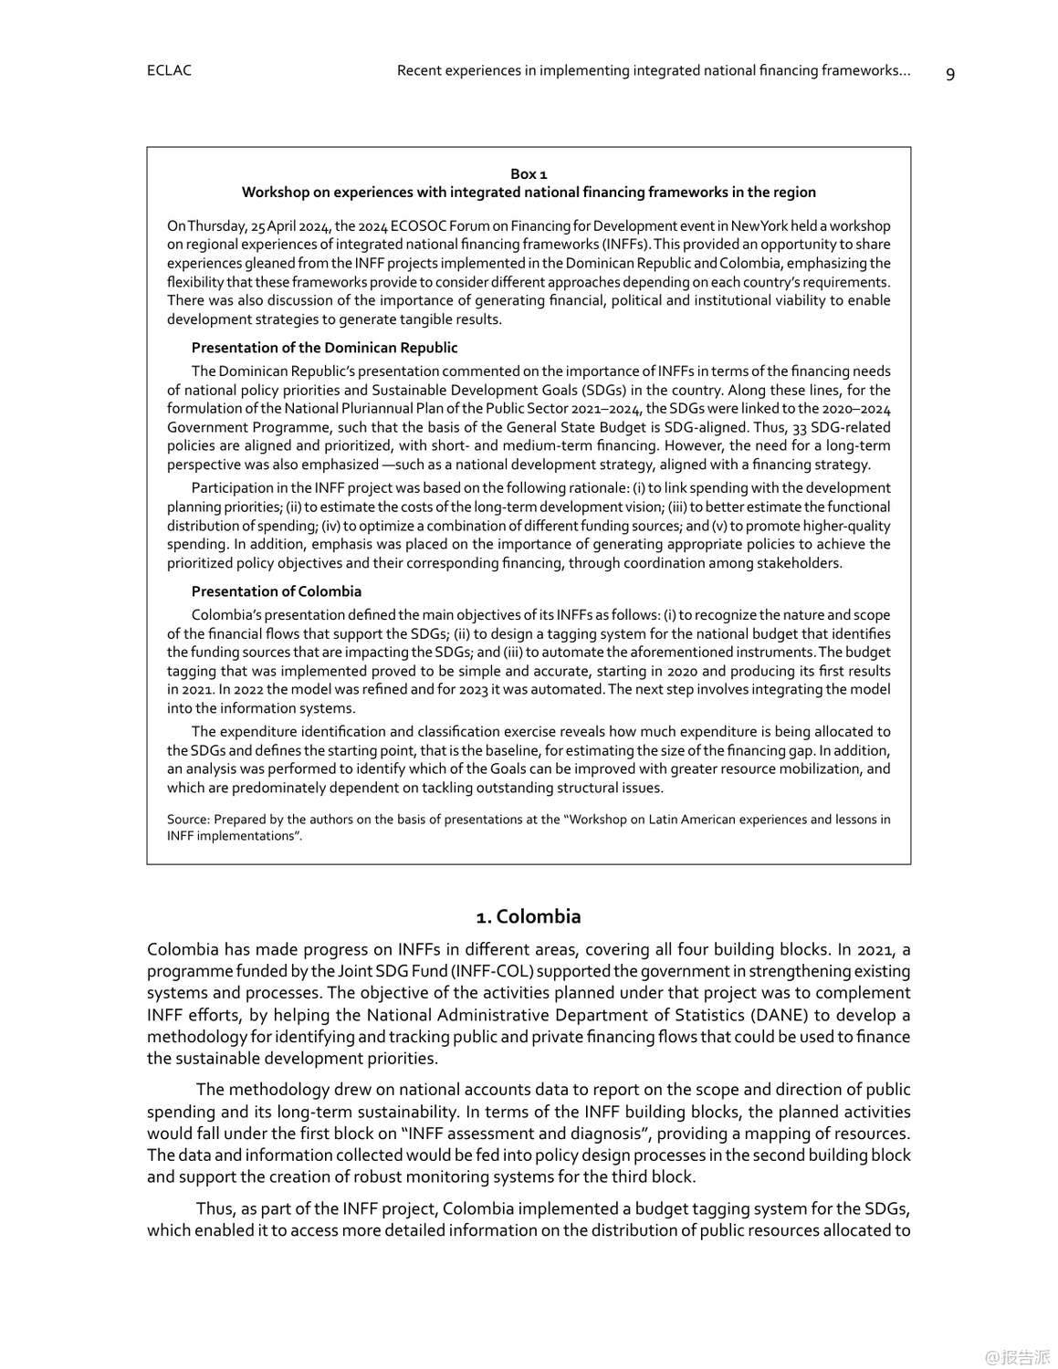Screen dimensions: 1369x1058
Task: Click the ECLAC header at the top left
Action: click(169, 71)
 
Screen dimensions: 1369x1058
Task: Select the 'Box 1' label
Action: click(529, 173)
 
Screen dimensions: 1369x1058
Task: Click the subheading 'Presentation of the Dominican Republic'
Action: click(324, 348)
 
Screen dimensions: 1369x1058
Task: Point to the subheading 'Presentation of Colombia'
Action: click(276, 591)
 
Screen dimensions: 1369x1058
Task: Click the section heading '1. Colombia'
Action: click(529, 916)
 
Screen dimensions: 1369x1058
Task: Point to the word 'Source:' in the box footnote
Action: click(188, 820)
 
